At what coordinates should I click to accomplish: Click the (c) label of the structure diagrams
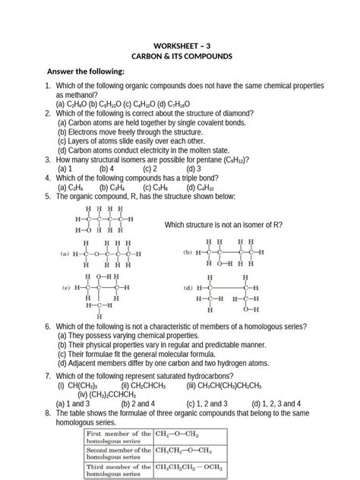pyautogui.click(x=66, y=289)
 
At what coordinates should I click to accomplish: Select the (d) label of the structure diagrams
pyautogui.click(x=188, y=289)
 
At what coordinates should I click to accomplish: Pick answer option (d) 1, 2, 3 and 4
pyautogui.click(x=276, y=404)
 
